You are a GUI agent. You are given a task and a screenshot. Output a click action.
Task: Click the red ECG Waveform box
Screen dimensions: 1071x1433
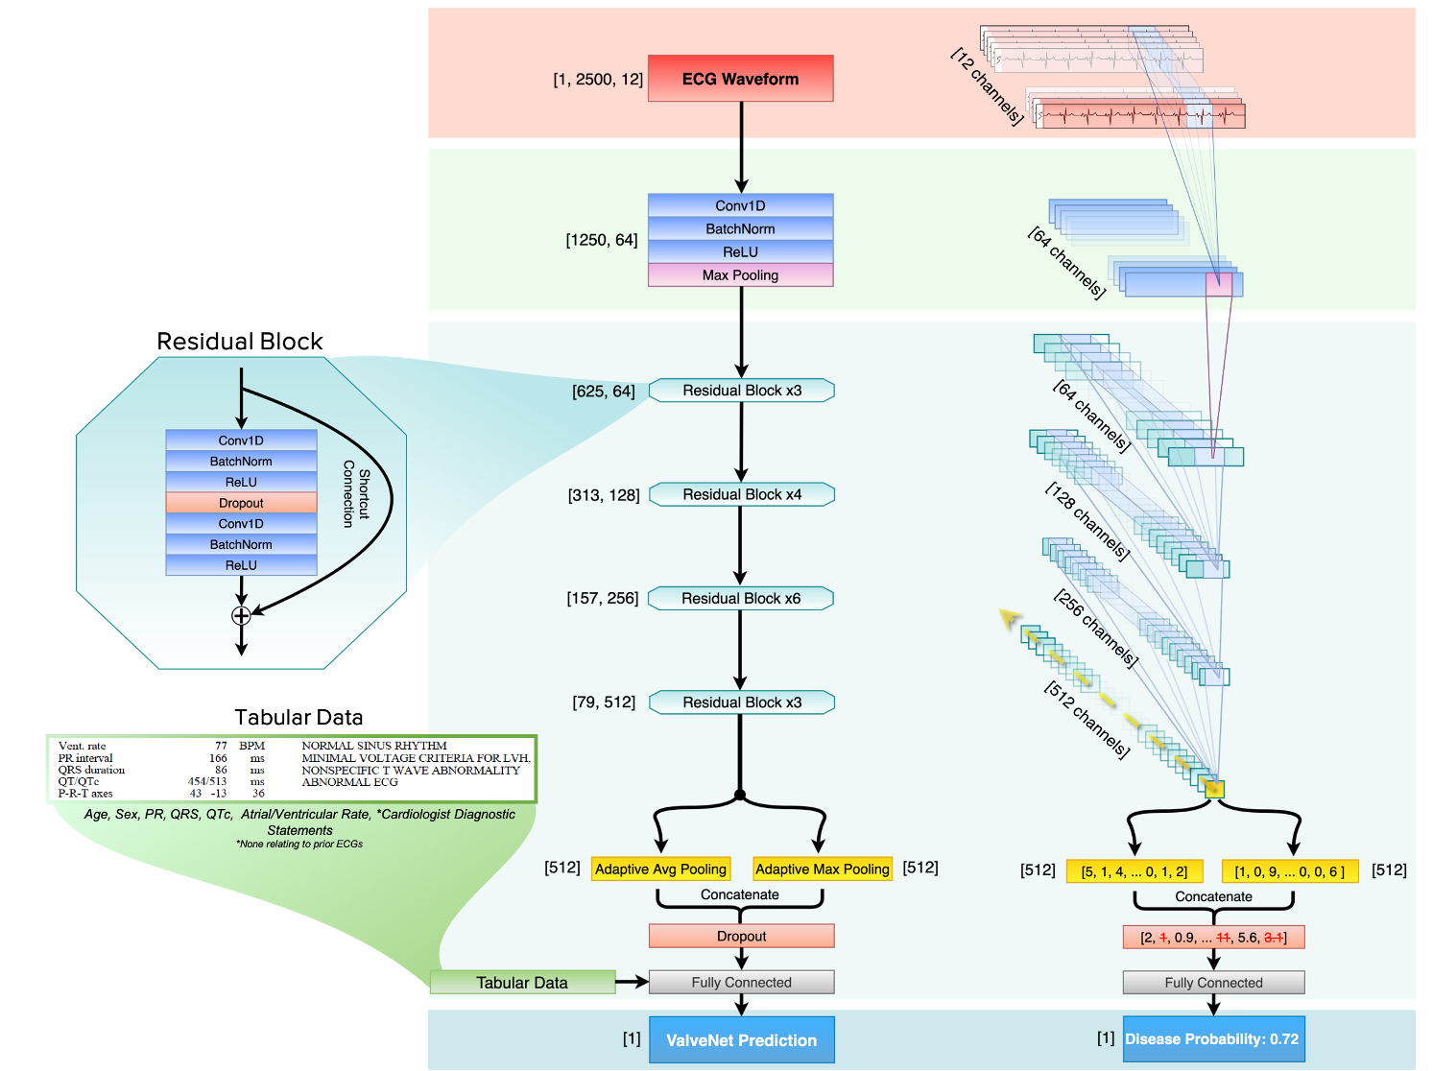[740, 79]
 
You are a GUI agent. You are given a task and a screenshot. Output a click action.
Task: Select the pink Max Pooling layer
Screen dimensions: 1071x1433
[740, 275]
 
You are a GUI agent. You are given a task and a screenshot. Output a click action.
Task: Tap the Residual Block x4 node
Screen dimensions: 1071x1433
[741, 494]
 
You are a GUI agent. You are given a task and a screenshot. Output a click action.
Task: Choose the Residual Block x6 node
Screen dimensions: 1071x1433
[741, 599]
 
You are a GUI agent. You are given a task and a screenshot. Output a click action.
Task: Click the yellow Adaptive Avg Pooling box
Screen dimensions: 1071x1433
[660, 869]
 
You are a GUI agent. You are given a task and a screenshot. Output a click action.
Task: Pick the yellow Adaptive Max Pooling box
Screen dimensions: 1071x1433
[822, 869]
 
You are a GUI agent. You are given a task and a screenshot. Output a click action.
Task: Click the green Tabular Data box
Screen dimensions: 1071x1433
[522, 982]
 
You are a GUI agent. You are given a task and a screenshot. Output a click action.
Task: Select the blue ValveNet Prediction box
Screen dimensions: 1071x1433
[741, 1039]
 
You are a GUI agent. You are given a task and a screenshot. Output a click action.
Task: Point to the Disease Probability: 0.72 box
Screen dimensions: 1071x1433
[1213, 1039]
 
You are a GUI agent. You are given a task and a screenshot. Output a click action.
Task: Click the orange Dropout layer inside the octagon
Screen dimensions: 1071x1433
[241, 503]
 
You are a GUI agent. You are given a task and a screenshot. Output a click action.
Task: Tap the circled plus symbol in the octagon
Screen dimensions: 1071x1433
[241, 615]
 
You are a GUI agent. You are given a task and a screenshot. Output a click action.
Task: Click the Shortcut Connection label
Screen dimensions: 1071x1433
[356, 493]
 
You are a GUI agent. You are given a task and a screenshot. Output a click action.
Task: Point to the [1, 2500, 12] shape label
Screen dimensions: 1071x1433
[598, 80]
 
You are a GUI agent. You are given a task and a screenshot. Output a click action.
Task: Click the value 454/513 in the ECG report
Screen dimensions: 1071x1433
[207, 781]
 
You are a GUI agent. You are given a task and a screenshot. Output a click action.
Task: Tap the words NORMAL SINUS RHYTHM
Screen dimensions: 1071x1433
[374, 746]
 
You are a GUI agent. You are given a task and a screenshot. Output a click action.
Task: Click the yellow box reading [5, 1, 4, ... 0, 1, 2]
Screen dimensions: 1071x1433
[1134, 871]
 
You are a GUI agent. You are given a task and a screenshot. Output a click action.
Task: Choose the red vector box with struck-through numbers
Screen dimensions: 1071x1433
[1213, 937]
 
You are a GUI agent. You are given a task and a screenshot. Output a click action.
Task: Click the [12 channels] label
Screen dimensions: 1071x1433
[987, 86]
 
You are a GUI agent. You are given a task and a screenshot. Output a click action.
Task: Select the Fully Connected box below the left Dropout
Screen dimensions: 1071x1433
[741, 982]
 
